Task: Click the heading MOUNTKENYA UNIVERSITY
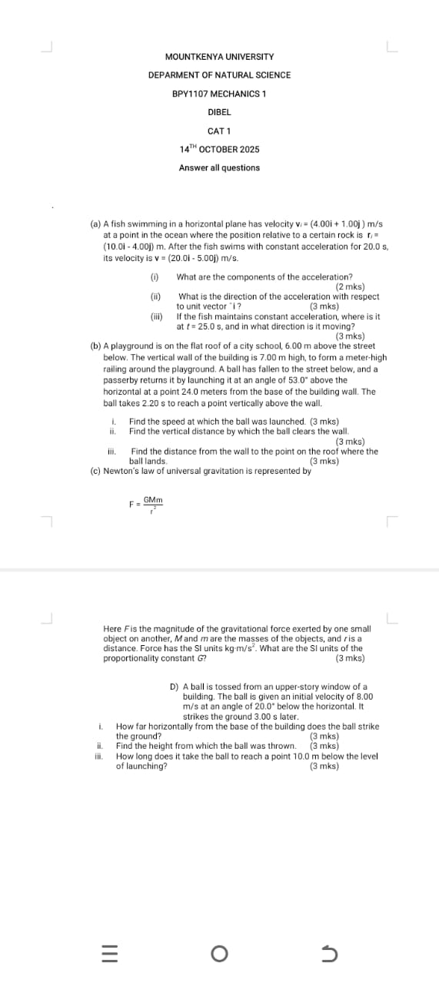[219, 57]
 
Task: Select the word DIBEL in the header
[219, 112]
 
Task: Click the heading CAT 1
[219, 131]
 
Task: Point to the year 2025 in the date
[249, 149]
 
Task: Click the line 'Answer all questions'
[219, 167]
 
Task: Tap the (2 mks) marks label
[350, 286]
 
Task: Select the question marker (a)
[95, 223]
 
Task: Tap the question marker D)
[175, 686]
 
